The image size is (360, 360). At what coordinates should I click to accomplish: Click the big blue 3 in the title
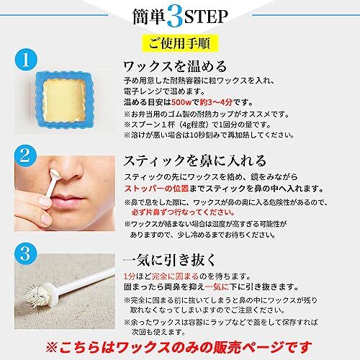tap(175, 17)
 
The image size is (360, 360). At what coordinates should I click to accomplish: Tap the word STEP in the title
tap(206, 17)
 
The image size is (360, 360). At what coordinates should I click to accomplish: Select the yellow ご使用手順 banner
tap(180, 43)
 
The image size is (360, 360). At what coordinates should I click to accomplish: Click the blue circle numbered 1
tap(26, 60)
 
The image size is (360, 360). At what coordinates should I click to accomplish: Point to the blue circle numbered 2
tap(25, 156)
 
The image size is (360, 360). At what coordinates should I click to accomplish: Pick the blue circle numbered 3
tap(25, 254)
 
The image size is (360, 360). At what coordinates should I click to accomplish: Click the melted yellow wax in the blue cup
tap(64, 99)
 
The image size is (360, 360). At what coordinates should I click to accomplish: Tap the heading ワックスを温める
tap(175, 66)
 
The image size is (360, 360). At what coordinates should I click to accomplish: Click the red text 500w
tap(181, 102)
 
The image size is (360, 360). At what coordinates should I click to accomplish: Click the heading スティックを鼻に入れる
tap(195, 161)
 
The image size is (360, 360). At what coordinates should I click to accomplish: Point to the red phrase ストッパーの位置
tap(156, 189)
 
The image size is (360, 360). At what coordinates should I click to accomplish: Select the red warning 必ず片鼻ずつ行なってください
tap(183, 212)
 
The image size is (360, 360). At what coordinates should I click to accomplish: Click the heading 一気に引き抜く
tap(169, 260)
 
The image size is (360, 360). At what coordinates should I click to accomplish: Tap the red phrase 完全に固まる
tap(176, 276)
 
